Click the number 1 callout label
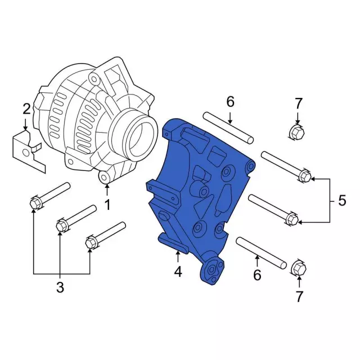[x=107, y=205]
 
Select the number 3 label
[x=60, y=288]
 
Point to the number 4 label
[x=178, y=273]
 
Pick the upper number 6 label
[x=230, y=102]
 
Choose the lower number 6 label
[x=256, y=275]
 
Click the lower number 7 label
[x=299, y=296]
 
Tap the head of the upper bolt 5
[x=303, y=176]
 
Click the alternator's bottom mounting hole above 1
[x=105, y=178]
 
